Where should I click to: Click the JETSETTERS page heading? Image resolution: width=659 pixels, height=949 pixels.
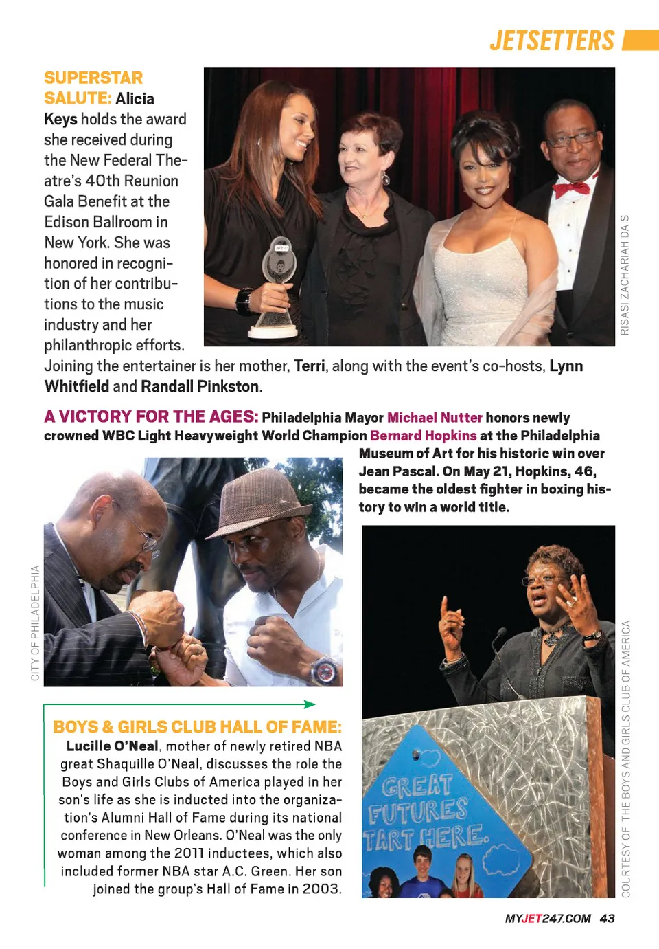552,41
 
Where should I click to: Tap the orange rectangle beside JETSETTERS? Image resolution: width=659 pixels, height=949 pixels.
640,41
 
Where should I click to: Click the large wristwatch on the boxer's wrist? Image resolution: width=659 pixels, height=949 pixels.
324,669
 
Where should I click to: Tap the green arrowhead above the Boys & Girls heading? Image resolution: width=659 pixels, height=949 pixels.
310,704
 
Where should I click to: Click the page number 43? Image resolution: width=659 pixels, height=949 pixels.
607,919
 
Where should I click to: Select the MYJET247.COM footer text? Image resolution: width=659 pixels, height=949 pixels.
548,919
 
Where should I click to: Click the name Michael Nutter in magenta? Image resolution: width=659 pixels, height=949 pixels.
435,418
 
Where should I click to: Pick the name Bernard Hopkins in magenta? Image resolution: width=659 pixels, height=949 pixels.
423,436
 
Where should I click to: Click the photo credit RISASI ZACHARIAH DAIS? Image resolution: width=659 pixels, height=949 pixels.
625,275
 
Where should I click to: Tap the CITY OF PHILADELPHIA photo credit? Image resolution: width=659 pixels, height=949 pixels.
35,623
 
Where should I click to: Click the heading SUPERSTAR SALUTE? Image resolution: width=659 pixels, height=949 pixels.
94,87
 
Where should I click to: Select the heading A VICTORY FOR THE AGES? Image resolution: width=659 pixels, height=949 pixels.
151,417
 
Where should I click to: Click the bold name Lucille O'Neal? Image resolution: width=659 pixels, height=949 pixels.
113,746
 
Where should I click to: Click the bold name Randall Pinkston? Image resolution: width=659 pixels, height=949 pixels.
200,387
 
